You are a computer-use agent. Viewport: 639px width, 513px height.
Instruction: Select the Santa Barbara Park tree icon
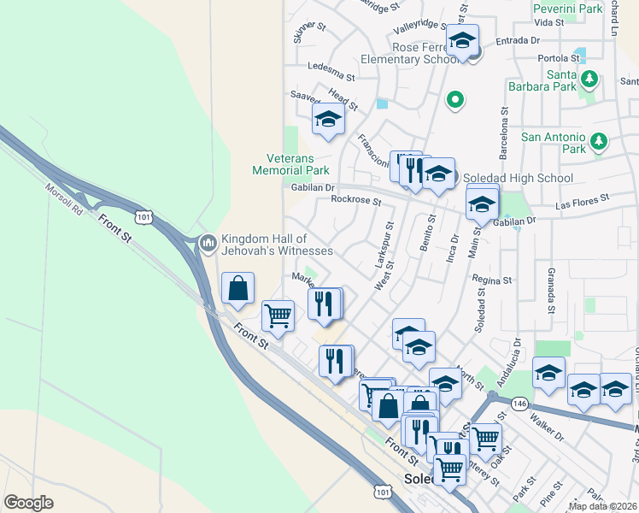click(x=589, y=80)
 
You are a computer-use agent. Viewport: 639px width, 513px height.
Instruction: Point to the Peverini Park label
click(x=567, y=9)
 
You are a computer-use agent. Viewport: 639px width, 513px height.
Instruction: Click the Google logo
click(x=29, y=503)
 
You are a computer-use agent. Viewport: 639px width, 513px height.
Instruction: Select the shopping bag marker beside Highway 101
click(x=238, y=288)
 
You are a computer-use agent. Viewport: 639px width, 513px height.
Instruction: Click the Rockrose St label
click(x=355, y=200)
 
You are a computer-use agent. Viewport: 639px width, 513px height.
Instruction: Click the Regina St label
click(x=491, y=280)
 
